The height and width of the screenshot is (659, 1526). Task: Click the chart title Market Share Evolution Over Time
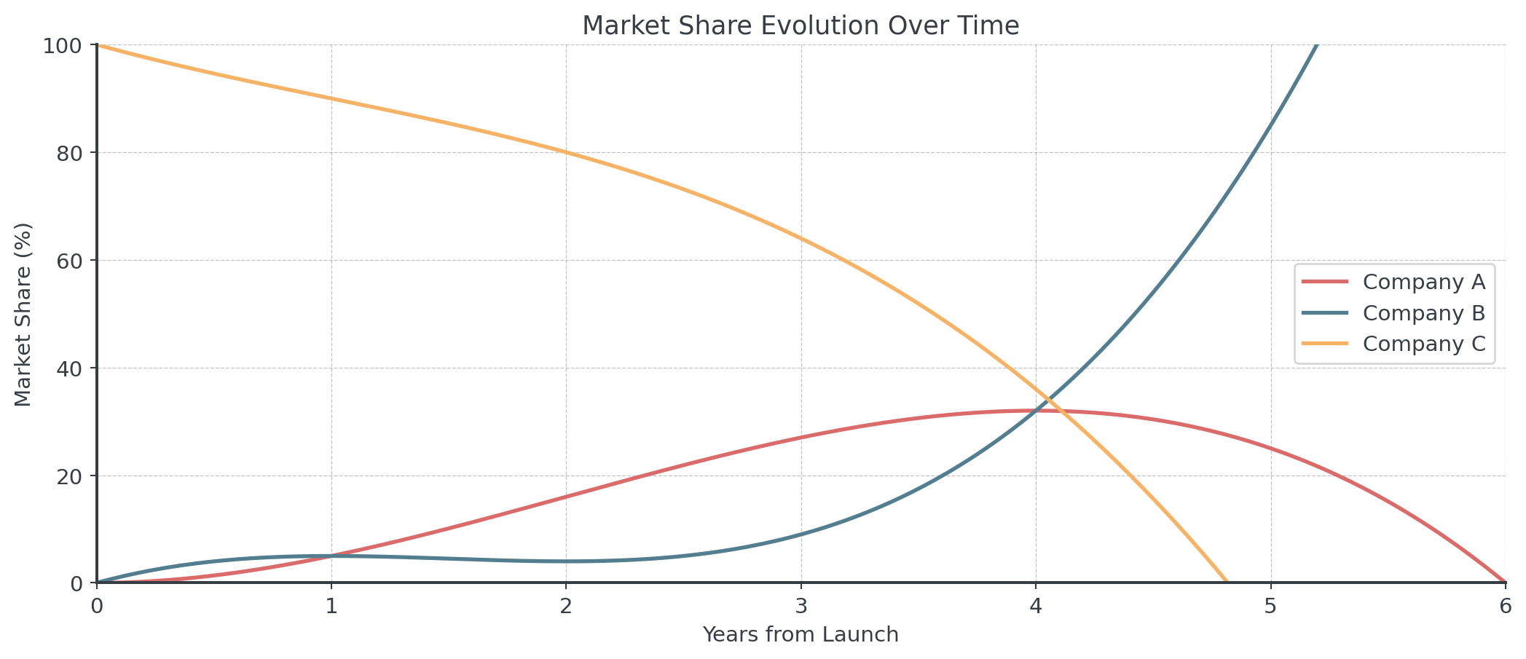point(801,26)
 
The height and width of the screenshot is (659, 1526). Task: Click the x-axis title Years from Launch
point(801,634)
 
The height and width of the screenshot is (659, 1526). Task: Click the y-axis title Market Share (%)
point(23,315)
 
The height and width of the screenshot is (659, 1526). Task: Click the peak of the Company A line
point(1036,411)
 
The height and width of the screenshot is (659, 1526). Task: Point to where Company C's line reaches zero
point(1227,582)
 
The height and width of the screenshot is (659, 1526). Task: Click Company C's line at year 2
point(566,152)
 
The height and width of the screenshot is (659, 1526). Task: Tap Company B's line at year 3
point(801,534)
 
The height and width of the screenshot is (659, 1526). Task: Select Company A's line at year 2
point(566,497)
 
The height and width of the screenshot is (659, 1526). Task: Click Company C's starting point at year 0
point(97,45)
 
